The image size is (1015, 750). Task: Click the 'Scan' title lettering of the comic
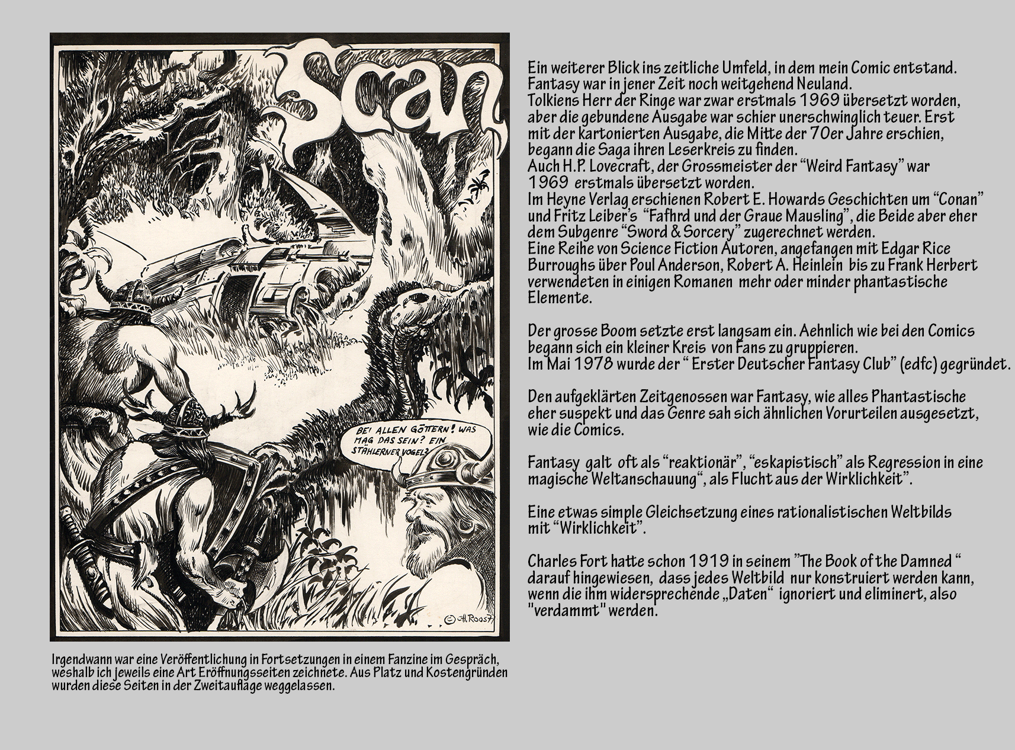391,95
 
